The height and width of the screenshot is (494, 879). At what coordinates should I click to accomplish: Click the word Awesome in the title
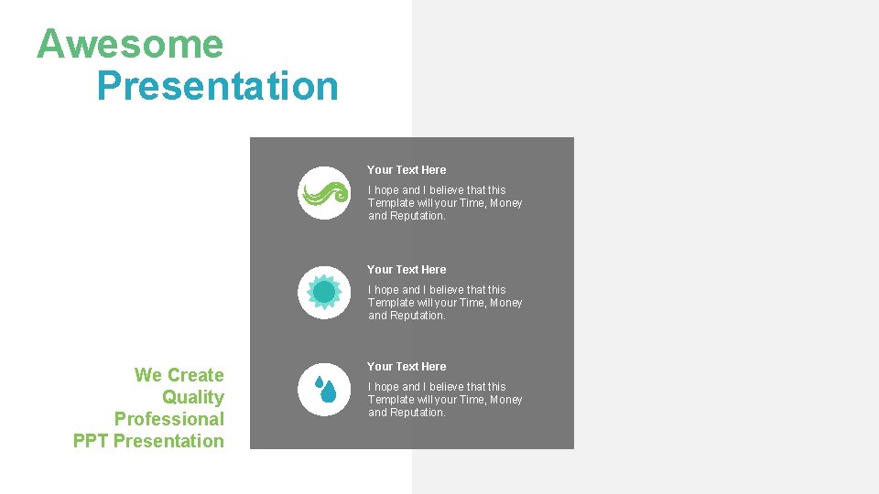130,44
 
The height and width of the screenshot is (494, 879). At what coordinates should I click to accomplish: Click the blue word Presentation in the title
217,86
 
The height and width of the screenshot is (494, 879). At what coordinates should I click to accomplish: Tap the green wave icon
324,193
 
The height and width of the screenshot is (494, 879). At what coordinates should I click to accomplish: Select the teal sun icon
324,293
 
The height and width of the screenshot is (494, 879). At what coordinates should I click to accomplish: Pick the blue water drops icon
324,390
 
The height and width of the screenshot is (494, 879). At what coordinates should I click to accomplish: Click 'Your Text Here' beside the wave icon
407,170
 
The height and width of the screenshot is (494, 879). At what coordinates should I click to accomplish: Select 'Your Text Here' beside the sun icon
407,270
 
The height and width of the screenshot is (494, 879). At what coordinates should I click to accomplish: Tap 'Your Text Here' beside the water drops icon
407,367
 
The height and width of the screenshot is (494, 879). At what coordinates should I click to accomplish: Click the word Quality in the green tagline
193,397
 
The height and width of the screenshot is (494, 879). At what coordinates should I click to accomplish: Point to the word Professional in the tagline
169,419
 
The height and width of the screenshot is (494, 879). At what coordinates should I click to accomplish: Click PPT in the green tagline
91,441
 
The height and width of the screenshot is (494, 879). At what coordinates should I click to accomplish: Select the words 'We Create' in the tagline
179,375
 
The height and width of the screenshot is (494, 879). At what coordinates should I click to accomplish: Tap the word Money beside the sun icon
505,303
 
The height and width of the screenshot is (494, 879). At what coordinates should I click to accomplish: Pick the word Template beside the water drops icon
391,400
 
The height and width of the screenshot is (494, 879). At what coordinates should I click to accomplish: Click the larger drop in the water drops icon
329,392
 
